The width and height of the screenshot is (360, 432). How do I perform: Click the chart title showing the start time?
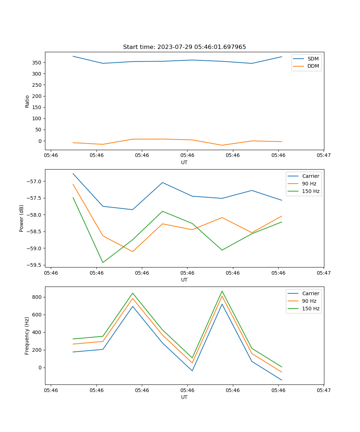[x=184, y=47]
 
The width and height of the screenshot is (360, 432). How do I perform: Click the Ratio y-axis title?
[x=27, y=101]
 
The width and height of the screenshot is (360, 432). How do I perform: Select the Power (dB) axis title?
[x=22, y=218]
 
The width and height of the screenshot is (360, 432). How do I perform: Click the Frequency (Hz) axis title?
[x=27, y=336]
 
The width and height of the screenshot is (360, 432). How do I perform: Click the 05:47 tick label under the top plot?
[x=324, y=156]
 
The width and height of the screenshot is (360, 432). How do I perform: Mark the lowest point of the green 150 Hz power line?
[x=103, y=262]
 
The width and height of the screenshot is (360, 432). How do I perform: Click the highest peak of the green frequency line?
[x=222, y=291]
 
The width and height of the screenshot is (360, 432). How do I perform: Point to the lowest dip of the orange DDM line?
[x=222, y=145]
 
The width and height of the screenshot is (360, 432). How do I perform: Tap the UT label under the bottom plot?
[x=184, y=397]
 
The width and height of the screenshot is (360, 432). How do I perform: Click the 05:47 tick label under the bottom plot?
[x=324, y=390]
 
